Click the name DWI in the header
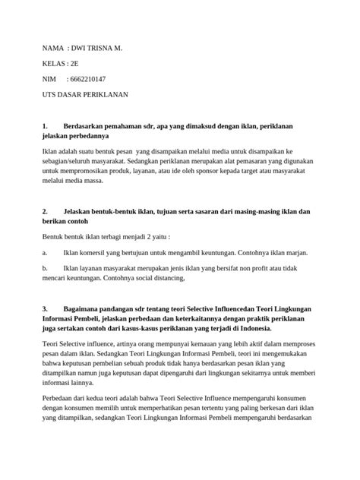[x=80, y=48]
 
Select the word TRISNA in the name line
[x=104, y=48]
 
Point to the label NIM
[x=50, y=79]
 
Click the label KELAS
[x=53, y=64]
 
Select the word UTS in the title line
[x=49, y=95]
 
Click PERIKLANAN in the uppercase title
[x=109, y=95]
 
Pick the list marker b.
[x=44, y=268]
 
